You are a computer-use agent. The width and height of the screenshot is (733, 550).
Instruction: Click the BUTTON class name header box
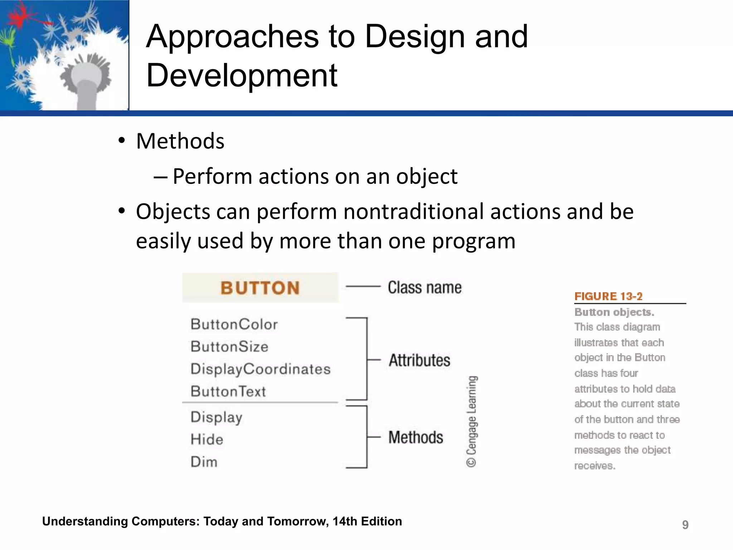[260, 288]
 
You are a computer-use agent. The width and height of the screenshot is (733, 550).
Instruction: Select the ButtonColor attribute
[234, 324]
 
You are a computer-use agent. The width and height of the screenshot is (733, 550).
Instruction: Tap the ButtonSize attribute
[229, 347]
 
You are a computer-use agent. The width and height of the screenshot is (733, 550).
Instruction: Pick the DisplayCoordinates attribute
[260, 369]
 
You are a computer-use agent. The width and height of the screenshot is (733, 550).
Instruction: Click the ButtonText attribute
[228, 391]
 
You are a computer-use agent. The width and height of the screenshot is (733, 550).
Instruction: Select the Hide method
[207, 440]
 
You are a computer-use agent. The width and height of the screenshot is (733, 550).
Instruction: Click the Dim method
[204, 462]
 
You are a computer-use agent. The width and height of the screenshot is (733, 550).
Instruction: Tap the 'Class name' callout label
[424, 288]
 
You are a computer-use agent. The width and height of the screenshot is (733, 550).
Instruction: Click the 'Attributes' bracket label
[419, 360]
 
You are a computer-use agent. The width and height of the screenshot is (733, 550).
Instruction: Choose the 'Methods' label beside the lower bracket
[416, 437]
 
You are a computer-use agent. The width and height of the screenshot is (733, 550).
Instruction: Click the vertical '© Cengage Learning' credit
[472, 421]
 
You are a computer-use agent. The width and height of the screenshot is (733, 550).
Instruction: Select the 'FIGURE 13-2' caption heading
[608, 296]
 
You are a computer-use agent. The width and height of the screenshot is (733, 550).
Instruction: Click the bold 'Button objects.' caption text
[614, 312]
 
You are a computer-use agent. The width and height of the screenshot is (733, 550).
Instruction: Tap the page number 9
[685, 525]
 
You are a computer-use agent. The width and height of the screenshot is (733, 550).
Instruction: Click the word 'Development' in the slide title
[242, 75]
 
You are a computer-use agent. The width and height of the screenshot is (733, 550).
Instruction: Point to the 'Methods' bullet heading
[180, 141]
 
